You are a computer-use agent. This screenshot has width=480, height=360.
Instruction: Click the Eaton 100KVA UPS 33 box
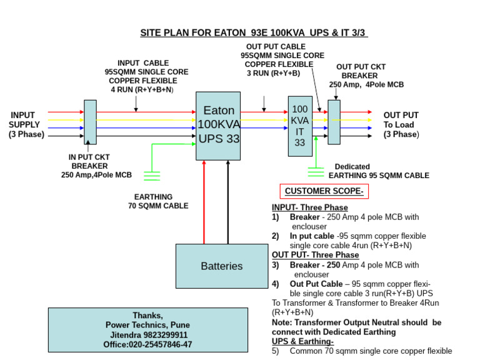(218, 126)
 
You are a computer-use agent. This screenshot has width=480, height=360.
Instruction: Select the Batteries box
(221, 266)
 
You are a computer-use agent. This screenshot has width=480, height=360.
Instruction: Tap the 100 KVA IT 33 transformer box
(299, 126)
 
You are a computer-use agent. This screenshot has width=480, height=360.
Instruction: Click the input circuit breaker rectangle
(90, 122)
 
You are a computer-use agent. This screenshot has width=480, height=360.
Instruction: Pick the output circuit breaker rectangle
(334, 122)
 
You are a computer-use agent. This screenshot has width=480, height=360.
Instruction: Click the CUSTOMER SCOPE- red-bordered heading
(324, 191)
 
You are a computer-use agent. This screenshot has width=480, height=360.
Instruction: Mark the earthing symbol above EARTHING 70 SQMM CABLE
(152, 176)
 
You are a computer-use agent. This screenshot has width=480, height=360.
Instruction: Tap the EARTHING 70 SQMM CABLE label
(158, 201)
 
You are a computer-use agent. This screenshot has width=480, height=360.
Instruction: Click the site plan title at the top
(253, 32)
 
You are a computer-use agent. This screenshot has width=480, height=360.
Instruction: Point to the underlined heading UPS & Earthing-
(302, 342)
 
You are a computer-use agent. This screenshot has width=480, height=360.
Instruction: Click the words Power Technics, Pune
(147, 325)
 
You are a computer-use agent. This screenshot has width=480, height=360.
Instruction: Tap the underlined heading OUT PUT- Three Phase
(315, 255)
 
